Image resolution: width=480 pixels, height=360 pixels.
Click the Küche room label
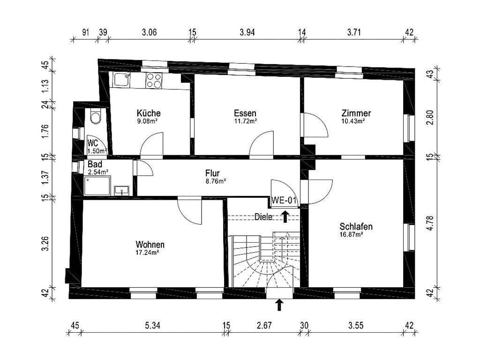click(149, 113)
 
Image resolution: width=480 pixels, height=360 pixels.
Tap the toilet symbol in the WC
click(96, 117)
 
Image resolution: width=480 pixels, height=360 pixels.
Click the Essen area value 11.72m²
click(245, 121)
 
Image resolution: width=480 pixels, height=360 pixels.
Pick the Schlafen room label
click(356, 227)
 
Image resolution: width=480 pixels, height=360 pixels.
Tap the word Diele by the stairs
click(263, 217)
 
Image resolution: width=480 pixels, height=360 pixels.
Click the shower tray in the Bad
click(97, 185)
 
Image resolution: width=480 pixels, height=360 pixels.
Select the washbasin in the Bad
click(122, 190)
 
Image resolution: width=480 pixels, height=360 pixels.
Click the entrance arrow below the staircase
click(280, 305)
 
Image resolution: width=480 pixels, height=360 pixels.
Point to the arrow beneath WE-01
click(285, 216)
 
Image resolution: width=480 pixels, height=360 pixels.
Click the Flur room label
click(212, 172)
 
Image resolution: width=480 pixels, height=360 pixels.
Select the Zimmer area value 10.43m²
click(353, 121)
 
